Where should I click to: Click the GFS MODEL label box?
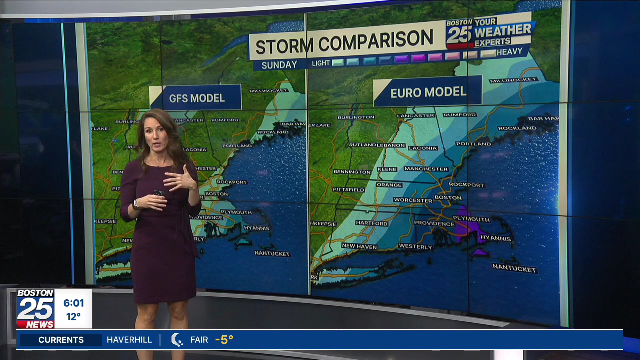[x=197, y=98]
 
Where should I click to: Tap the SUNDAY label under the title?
[x=279, y=64]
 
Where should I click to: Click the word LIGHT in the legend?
[x=321, y=63]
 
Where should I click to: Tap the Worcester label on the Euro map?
[x=413, y=200]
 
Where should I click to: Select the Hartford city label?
[x=372, y=223]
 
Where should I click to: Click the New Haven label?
[x=359, y=246]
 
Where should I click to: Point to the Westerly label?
[x=415, y=247]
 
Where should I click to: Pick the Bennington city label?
[x=352, y=172]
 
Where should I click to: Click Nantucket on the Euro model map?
[x=514, y=268]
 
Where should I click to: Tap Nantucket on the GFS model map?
[x=272, y=253]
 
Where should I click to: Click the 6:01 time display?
[x=74, y=303]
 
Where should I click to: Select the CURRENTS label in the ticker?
[x=61, y=340]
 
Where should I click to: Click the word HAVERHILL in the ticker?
[x=129, y=340]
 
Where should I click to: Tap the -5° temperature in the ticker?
[x=224, y=340]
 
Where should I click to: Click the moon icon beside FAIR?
[x=177, y=340]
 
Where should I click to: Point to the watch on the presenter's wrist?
[x=135, y=204]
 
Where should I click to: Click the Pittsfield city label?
[x=349, y=190]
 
